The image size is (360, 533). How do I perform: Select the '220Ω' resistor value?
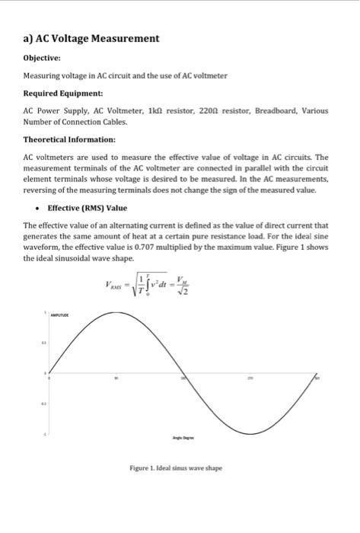coord(205,111)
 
